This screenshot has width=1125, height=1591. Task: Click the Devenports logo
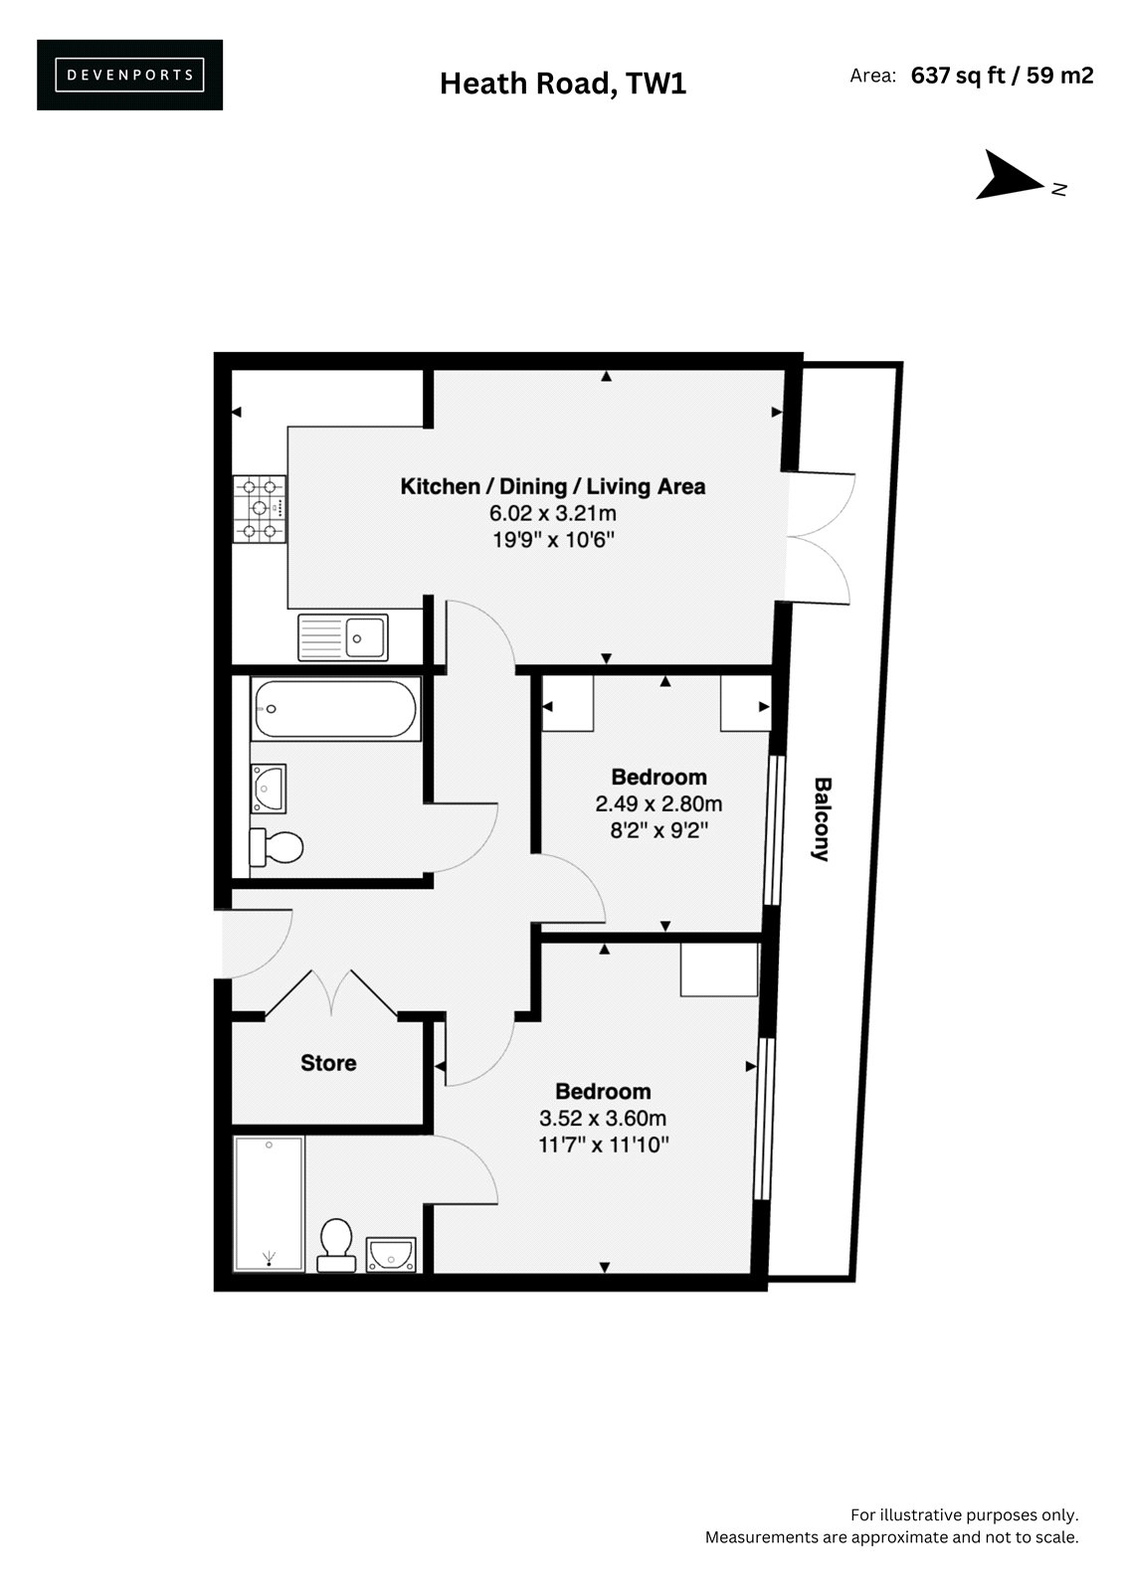pyautogui.click(x=129, y=75)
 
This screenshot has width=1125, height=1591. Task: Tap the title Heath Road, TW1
pyautogui.click(x=563, y=84)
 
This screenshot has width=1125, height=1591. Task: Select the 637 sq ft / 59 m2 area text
pyautogui.click(x=1002, y=76)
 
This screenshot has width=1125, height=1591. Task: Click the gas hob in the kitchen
pyautogui.click(x=260, y=508)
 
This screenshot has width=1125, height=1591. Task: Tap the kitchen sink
pyautogui.click(x=343, y=637)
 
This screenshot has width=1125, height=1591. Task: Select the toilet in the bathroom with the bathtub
pyautogui.click(x=276, y=846)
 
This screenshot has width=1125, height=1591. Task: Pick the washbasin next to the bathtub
pyautogui.click(x=268, y=789)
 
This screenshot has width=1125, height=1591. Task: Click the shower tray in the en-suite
pyautogui.click(x=270, y=1204)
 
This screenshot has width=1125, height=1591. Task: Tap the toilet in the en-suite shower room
pyautogui.click(x=336, y=1245)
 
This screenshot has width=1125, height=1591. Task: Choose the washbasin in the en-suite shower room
pyautogui.click(x=391, y=1254)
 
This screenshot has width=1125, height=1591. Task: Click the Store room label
pyautogui.click(x=328, y=1063)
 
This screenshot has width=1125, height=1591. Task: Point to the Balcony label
pyautogui.click(x=822, y=819)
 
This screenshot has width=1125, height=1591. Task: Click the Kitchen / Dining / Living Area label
pyautogui.click(x=553, y=486)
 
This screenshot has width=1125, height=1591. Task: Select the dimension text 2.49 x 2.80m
pyautogui.click(x=658, y=804)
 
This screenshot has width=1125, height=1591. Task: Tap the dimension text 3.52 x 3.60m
pyautogui.click(x=603, y=1119)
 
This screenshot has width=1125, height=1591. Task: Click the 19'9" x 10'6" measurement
pyautogui.click(x=554, y=541)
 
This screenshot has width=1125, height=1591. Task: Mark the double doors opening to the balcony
pyautogui.click(x=820, y=538)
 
